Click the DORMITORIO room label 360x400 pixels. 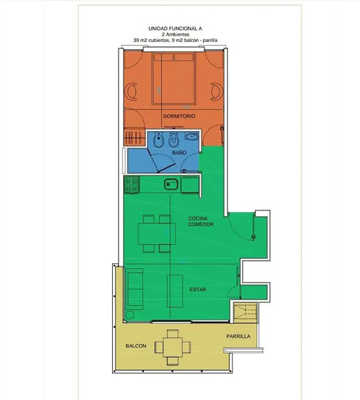pos(179,116)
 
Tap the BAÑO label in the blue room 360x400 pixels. pos(179,153)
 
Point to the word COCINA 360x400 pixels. pos(198,218)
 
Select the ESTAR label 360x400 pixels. pos(198,290)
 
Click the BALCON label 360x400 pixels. pos(136,346)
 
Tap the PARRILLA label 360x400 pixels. pos(238,336)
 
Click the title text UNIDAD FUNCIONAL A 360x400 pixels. pos(175,29)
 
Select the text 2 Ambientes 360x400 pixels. pos(175,34)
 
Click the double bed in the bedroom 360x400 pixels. pos(174,78)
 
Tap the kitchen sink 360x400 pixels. pos(171,184)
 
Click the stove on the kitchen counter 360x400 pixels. pos(132,185)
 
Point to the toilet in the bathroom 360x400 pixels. pos(173,141)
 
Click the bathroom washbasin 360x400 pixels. pos(192,136)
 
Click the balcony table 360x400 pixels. pos(173,347)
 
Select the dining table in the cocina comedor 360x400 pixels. pos(157,234)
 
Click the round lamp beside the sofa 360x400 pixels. pos(130,315)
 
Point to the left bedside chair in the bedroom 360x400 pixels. pos(131,91)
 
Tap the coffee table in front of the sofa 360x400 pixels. pos(175,291)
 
